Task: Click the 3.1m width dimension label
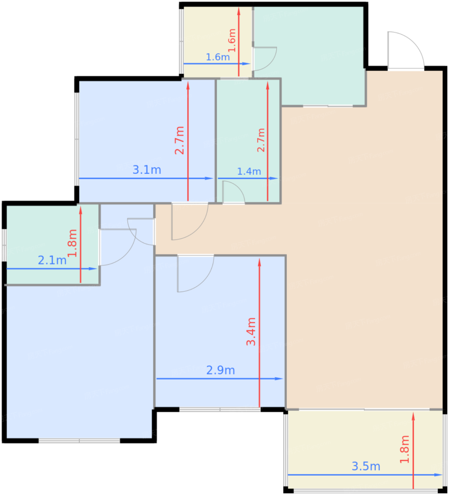click(147, 170)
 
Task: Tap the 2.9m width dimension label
click(220, 370)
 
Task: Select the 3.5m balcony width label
click(366, 466)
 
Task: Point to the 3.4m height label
click(251, 332)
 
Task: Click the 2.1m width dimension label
click(52, 260)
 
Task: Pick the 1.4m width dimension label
click(249, 171)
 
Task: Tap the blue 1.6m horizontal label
click(218, 57)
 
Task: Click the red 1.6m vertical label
click(232, 40)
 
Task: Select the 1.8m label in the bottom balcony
click(404, 449)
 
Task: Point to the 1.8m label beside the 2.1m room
click(72, 243)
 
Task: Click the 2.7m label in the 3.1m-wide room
click(179, 140)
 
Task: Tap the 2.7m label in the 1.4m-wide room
click(261, 140)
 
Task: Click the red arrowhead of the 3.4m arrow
click(259, 262)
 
